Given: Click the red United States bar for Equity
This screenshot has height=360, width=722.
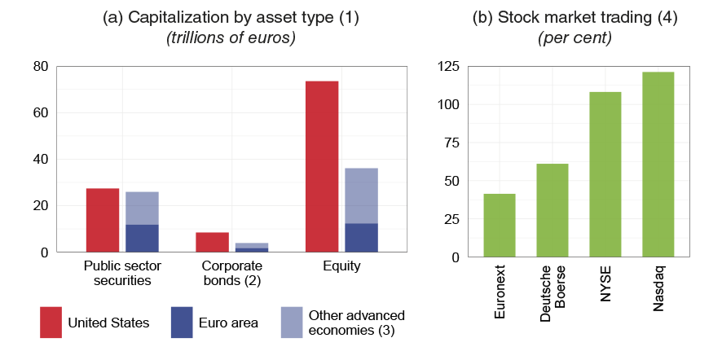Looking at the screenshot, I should tap(321, 167).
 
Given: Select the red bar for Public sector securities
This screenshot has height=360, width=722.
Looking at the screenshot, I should tap(103, 221).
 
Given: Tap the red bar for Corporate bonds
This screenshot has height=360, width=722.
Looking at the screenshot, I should tap(212, 243).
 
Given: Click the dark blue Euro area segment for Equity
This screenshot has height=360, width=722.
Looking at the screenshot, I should tap(361, 238).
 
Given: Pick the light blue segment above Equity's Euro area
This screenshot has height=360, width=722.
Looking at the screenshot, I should tap(361, 195).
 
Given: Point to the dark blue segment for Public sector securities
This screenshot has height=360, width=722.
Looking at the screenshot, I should tap(142, 239).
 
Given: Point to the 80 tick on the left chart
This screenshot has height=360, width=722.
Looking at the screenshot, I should tap(41, 67).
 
